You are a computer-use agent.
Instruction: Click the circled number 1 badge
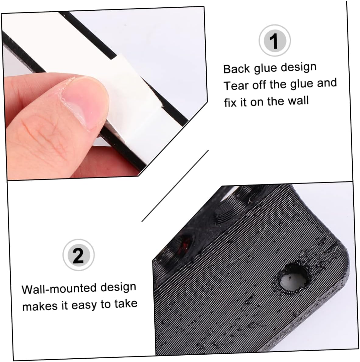coord(274,41)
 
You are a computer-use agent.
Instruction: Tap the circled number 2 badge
coord(78,255)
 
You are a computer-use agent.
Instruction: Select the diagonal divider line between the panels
coord(175,186)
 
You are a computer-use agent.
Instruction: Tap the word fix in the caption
coord(230,102)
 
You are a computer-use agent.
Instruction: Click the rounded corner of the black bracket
coord(341,256)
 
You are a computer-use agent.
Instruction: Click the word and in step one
coord(327,83)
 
